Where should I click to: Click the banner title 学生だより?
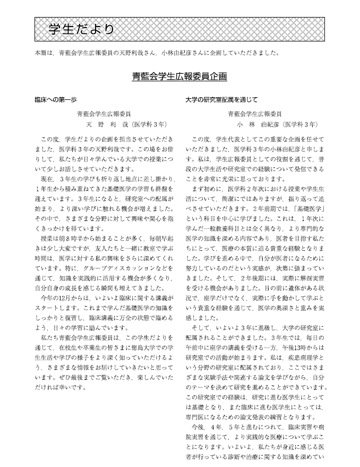(x=81, y=30)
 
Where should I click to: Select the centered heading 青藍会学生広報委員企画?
(x=179, y=77)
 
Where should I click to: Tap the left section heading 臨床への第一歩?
(x=56, y=99)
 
